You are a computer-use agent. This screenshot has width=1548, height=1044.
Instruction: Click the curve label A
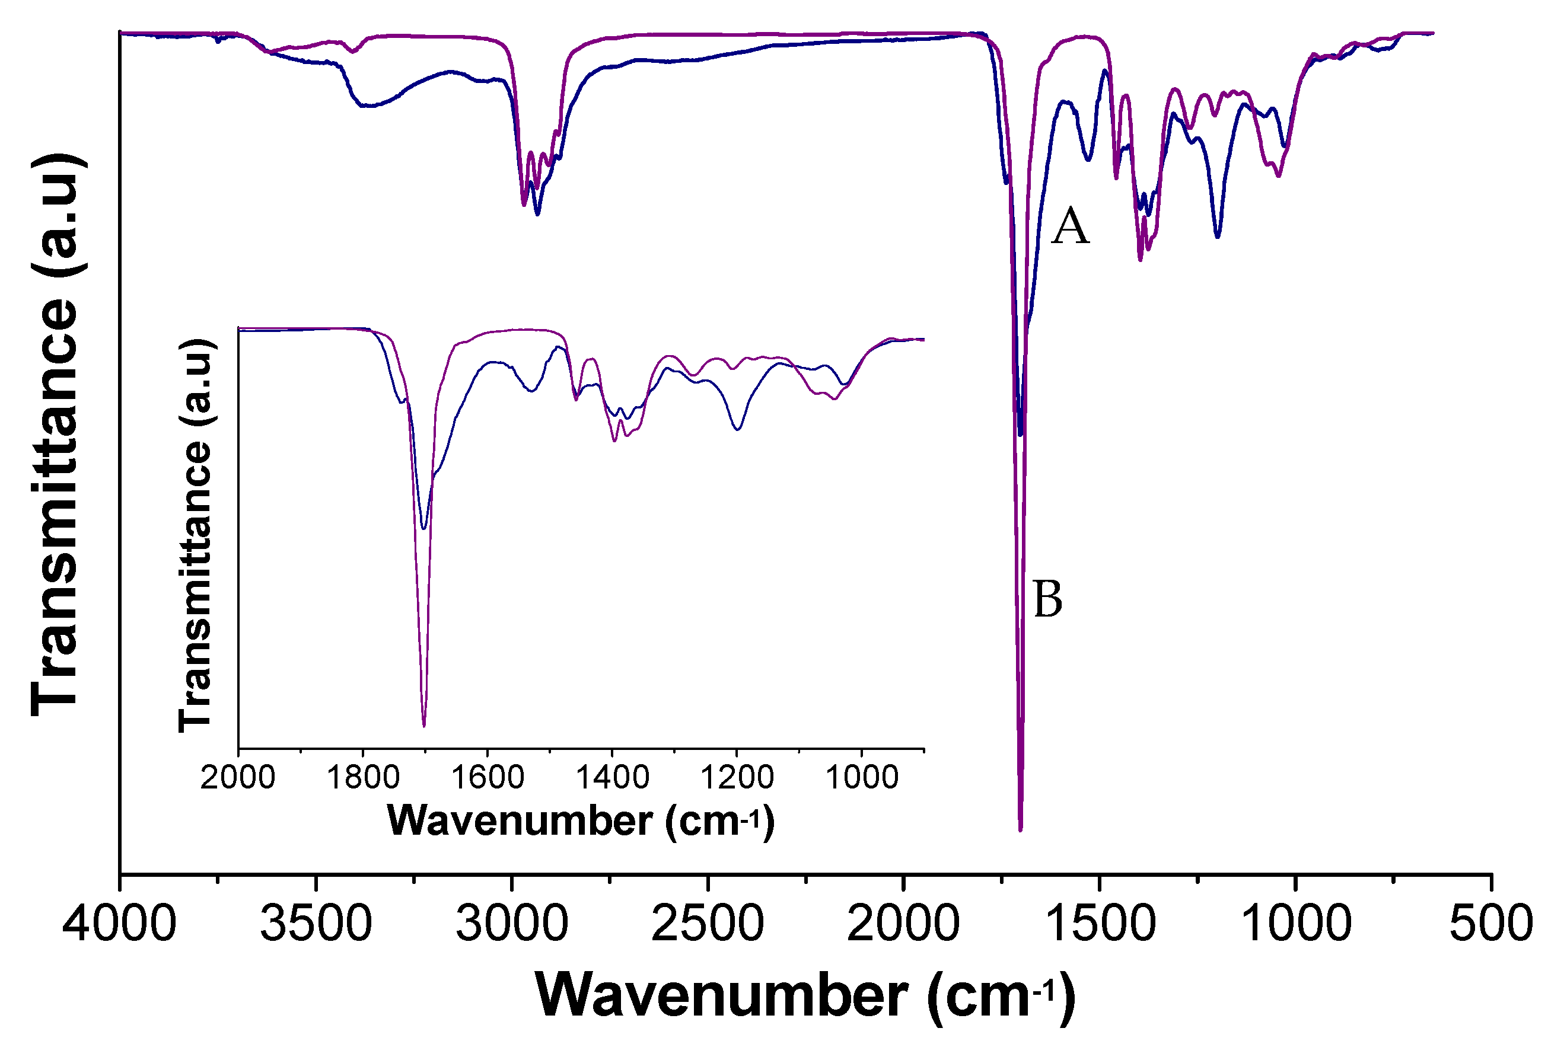(x=1070, y=226)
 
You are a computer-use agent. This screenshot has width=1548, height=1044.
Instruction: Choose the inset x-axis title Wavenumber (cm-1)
(x=581, y=820)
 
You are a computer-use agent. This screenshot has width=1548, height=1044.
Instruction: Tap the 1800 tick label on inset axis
(x=363, y=778)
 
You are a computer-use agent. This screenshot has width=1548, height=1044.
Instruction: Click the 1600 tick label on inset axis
(x=488, y=778)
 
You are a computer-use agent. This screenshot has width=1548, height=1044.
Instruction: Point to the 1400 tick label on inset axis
(x=612, y=778)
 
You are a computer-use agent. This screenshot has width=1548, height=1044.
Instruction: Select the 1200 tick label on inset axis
(x=737, y=778)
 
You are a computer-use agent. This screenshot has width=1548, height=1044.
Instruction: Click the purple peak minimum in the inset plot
(x=423, y=726)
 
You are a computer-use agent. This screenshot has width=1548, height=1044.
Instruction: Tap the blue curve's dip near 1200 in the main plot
(x=1218, y=237)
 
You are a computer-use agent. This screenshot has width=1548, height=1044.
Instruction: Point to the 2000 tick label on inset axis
(x=238, y=778)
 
